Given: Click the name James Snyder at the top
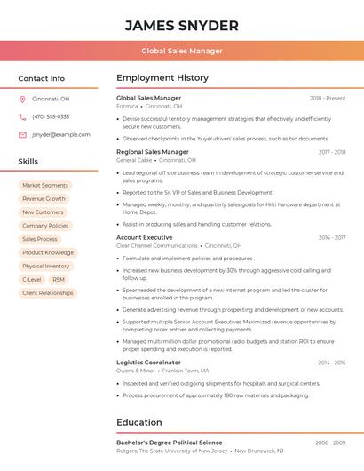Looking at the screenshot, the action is tap(182, 25).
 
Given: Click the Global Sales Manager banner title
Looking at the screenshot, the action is tap(182, 51).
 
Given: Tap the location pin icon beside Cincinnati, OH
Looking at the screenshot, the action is tap(22, 99).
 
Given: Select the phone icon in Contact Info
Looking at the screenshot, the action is tap(22, 116).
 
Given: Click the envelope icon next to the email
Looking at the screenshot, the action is tap(22, 134).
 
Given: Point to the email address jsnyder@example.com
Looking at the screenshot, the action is tap(60, 134).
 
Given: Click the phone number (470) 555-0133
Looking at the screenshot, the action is tap(51, 116).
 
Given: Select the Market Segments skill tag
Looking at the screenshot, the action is tap(45, 185).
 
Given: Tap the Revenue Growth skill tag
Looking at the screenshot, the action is tap(44, 199).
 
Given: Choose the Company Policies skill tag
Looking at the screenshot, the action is tap(45, 226).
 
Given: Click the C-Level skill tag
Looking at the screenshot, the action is tap(32, 279).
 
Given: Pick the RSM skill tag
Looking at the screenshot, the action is tap(59, 279).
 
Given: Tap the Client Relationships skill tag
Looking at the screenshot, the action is tap(48, 292).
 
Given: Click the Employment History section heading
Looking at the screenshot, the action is tap(162, 78).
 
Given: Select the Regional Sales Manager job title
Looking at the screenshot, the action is tap(153, 152).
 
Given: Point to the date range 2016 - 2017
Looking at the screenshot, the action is tap(332, 238).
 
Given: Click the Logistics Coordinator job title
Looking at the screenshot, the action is tap(148, 363).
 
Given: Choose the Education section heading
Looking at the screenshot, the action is tap(139, 422).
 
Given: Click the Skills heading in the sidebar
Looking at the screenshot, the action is tap(28, 162).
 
